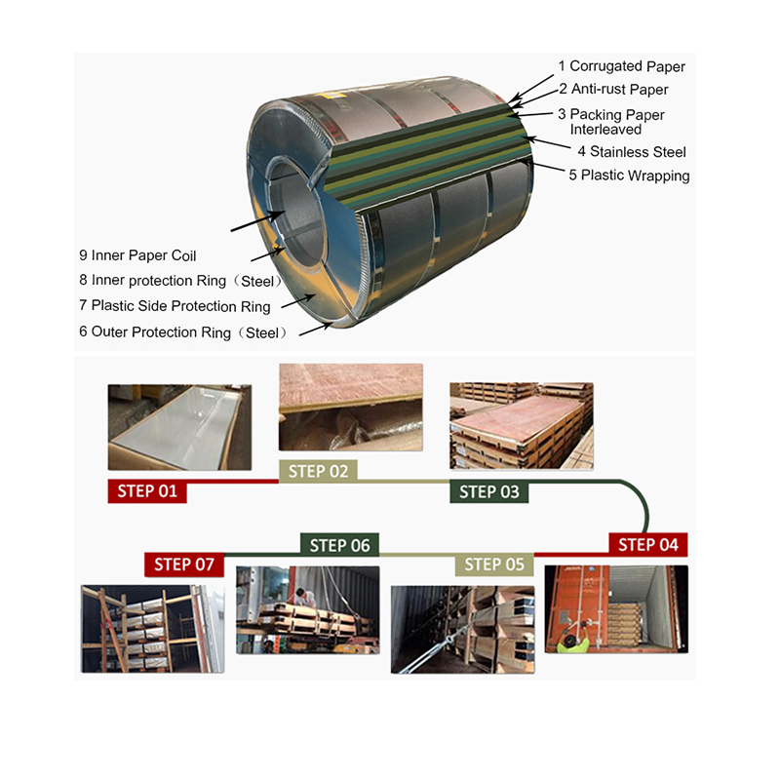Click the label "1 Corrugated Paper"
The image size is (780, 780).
tap(621, 67)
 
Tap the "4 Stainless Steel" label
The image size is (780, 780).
tap(632, 152)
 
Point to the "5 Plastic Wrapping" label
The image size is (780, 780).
tap(629, 176)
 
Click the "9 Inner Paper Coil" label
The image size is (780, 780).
tap(137, 256)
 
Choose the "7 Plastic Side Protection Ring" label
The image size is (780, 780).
tap(175, 306)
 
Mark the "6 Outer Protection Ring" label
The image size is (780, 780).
tap(182, 332)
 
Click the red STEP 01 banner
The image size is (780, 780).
tap(147, 490)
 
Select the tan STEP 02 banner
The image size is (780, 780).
tap(318, 472)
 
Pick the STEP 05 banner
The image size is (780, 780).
tap(494, 565)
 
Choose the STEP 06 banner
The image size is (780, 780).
tap(339, 545)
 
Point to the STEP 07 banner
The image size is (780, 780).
tap(185, 564)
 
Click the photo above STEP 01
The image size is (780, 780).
tap(179, 426)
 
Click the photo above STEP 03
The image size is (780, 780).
tap(521, 425)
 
